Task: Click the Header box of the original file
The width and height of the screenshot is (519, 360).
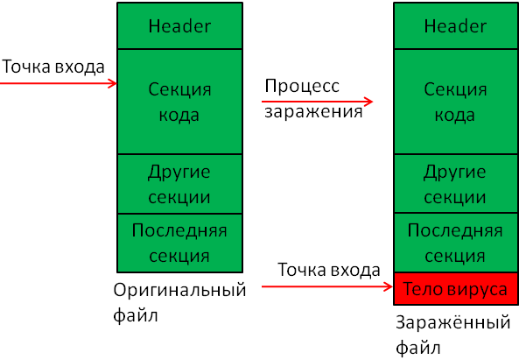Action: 179,25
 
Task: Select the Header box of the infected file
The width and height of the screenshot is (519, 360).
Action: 456,25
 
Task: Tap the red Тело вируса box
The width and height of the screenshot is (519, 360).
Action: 456,288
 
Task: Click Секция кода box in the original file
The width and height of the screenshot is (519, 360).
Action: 179,102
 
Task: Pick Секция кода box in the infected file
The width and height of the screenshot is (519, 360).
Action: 456,102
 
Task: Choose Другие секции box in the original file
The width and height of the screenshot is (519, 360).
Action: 179,184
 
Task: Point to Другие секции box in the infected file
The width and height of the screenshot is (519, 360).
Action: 456,183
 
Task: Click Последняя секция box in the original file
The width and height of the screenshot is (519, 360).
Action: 179,244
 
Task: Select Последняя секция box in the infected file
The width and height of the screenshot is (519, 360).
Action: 456,243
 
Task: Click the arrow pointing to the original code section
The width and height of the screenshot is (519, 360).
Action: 59,83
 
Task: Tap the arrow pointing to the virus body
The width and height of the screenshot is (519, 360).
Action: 327,286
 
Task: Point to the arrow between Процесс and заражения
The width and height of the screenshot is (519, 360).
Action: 317,102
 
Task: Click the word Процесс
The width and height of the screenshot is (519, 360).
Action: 302,87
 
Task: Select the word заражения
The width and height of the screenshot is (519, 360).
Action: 313,111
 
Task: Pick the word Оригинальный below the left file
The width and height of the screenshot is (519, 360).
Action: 179,291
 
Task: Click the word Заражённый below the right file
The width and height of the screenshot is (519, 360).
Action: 452,322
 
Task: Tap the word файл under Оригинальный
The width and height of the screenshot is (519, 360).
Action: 136,315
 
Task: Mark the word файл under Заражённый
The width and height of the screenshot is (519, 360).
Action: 418,348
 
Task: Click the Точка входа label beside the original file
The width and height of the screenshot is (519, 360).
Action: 53,67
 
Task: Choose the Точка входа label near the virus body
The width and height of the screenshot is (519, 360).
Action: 329,270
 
